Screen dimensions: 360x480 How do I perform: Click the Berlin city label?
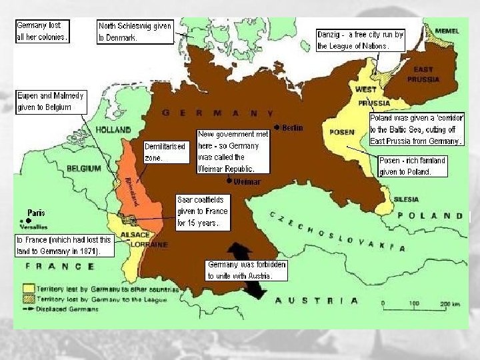tap(292, 127)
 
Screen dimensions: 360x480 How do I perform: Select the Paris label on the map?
tap(37, 213)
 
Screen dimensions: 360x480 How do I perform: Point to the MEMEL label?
tap(447, 31)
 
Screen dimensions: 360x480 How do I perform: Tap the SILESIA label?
tap(406, 199)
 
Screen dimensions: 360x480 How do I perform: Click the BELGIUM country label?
tap(83, 168)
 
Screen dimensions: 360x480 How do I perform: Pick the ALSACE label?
tap(138, 235)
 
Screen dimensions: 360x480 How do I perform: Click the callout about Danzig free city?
tap(361, 41)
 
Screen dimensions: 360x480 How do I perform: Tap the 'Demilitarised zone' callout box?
tap(165, 152)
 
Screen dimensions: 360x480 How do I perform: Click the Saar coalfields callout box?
tap(202, 211)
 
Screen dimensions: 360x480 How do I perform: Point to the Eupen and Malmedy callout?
tap(51, 101)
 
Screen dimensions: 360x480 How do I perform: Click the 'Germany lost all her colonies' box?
tap(42, 31)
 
